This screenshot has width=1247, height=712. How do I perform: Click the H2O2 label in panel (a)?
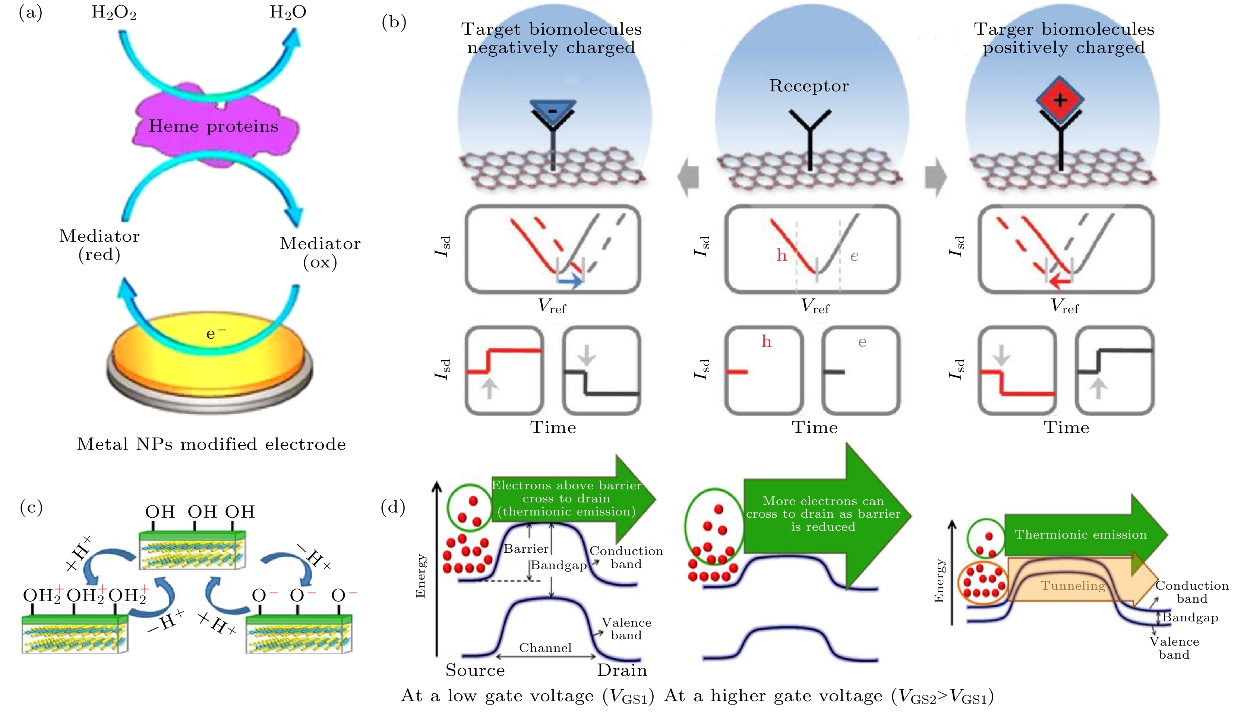(x=113, y=12)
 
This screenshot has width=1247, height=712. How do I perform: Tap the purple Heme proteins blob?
(x=214, y=126)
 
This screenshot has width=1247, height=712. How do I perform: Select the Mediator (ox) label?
(x=320, y=253)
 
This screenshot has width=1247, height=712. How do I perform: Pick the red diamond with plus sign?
(x=1060, y=100)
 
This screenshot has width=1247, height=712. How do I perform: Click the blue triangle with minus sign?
(x=553, y=110)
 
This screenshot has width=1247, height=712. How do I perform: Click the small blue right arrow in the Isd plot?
(x=570, y=281)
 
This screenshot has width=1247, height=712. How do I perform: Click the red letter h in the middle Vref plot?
(x=781, y=255)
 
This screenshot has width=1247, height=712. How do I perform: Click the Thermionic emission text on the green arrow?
(x=1080, y=534)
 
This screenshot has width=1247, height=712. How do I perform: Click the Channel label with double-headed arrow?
(x=545, y=648)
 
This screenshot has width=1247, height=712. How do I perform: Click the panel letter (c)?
(x=31, y=507)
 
